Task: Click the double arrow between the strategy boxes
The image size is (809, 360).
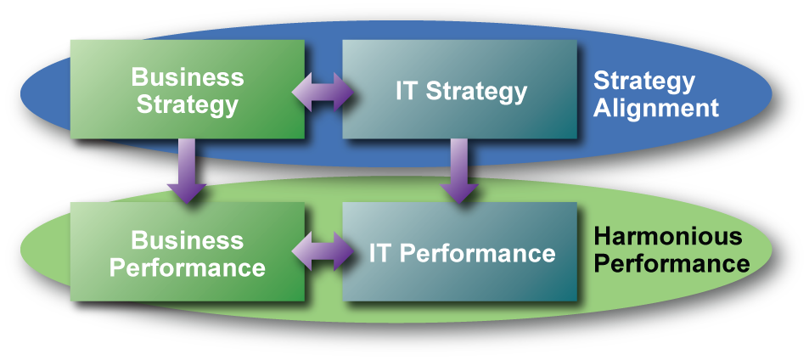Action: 323,91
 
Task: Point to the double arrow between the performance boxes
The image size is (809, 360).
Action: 323,253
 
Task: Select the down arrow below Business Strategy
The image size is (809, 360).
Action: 187,170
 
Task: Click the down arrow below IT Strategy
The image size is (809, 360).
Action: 459,170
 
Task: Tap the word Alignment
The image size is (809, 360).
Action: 655,109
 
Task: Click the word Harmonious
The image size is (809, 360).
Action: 667,236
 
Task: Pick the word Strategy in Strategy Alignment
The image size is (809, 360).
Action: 643,82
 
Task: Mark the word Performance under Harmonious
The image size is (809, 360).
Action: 671,263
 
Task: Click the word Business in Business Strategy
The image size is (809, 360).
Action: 188,77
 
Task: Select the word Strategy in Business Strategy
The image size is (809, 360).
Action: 188,105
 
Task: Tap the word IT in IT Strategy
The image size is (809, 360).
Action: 407,91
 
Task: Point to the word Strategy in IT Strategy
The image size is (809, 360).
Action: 476,92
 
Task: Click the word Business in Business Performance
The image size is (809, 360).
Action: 188,240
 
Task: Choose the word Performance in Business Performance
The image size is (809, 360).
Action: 188,268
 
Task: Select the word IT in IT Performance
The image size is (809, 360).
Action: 379,253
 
